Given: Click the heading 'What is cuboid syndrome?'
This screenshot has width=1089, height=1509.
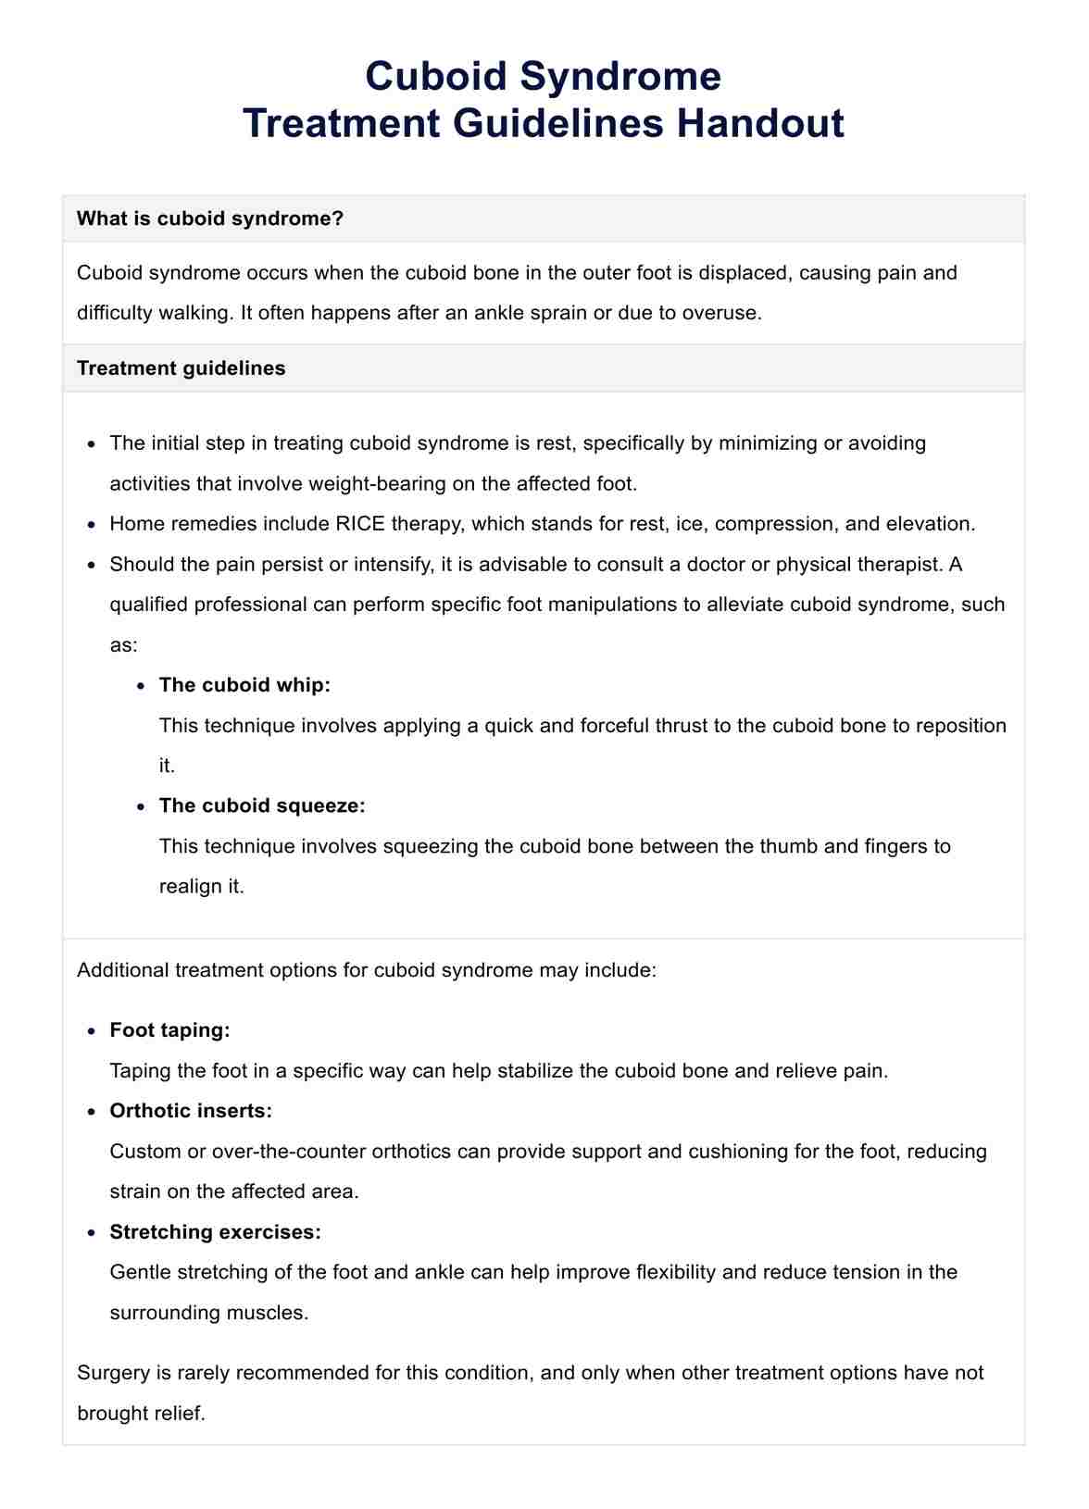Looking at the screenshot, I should tap(210, 218).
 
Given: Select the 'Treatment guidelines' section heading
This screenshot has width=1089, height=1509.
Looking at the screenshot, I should tap(181, 368).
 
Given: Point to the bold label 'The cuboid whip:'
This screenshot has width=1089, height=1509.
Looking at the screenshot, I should tap(244, 685).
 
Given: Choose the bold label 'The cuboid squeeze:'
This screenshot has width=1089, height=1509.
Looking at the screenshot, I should tap(262, 805).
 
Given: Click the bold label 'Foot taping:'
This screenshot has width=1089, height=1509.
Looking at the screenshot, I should tap(169, 1030).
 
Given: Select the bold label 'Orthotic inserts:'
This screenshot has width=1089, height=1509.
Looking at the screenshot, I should tap(191, 1111).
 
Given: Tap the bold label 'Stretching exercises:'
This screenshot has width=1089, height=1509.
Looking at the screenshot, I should tap(215, 1232).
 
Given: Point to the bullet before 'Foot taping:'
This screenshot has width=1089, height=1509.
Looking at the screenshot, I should tap(91, 1031).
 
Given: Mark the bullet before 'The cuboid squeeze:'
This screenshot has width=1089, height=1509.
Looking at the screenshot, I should tap(140, 806).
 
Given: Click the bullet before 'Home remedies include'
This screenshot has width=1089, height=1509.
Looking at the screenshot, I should tap(91, 525).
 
